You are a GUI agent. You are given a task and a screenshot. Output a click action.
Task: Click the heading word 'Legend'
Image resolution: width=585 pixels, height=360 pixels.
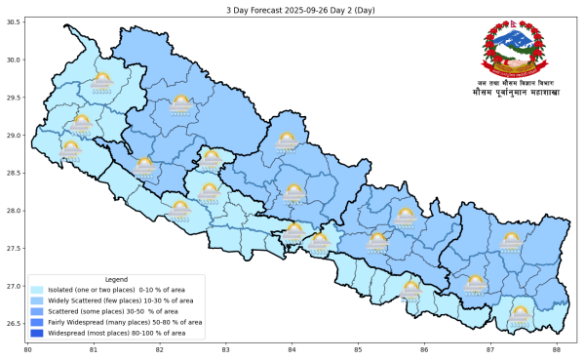pos(116,279)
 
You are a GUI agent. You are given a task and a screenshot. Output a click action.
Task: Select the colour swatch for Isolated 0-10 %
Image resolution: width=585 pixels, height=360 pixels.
pos(37,290)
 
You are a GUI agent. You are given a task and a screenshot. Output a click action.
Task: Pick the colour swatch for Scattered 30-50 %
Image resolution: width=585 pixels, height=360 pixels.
pos(37,311)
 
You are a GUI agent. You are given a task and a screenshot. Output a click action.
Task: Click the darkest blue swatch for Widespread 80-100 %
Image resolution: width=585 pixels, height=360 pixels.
pos(37,333)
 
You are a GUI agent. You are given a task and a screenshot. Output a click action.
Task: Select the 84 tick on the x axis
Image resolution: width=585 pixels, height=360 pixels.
pos(292,348)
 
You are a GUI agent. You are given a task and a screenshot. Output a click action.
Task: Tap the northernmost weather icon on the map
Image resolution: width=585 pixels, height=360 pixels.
pos(101,82)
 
